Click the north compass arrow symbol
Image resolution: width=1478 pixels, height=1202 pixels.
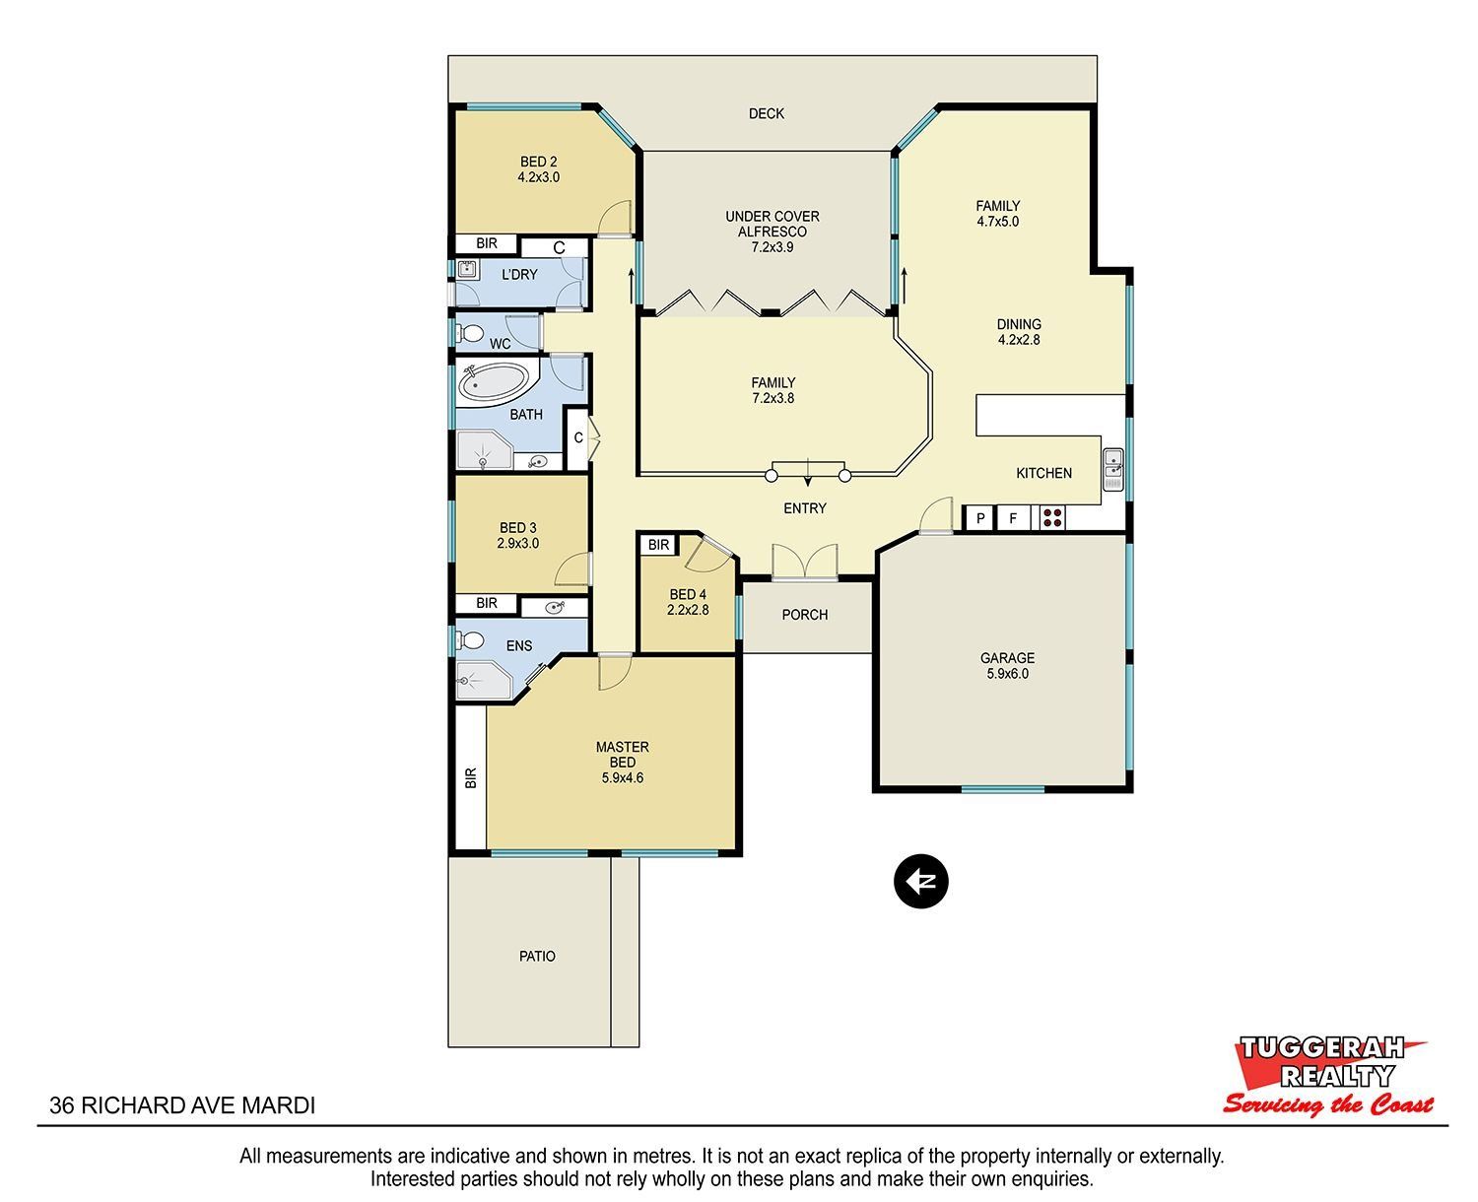click(920, 881)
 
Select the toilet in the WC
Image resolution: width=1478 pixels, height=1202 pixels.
click(470, 334)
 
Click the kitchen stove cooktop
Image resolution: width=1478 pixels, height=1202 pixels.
click(1052, 517)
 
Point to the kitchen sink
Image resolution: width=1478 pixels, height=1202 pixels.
click(1112, 470)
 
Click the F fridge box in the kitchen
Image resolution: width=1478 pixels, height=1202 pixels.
click(1013, 517)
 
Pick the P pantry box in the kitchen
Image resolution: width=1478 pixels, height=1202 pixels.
click(979, 517)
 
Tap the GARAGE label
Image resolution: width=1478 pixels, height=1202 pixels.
click(1007, 657)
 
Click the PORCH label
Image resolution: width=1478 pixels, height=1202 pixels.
click(804, 615)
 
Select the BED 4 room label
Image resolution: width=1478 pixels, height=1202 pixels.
click(688, 594)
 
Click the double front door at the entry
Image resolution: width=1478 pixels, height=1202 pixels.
click(804, 562)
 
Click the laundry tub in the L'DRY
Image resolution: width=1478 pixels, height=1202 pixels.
click(467, 270)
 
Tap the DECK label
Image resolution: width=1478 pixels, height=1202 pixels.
click(766, 113)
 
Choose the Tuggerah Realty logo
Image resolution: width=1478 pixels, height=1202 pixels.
click(1326, 1075)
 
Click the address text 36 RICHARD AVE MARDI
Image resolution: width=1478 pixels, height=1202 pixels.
click(182, 1105)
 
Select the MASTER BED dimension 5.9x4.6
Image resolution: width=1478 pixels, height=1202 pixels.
click(622, 777)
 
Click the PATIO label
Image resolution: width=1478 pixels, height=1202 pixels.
click(537, 956)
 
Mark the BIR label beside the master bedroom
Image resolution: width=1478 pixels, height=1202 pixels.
click(470, 777)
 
